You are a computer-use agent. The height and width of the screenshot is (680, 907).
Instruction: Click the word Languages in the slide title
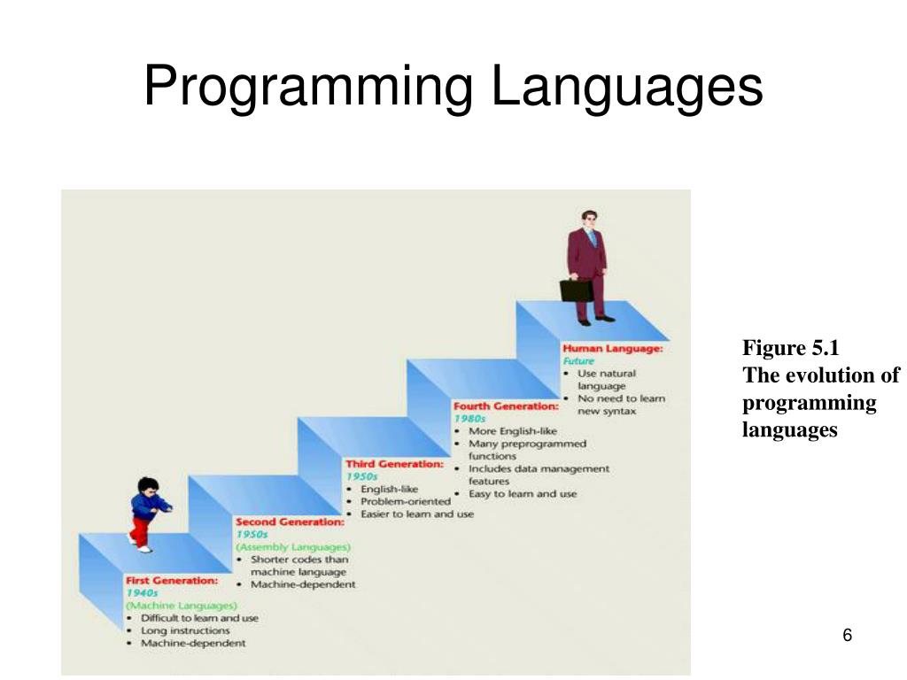click(627, 89)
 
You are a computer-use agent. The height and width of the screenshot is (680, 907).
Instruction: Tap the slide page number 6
click(848, 636)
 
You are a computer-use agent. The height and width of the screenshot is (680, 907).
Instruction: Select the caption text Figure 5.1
click(789, 347)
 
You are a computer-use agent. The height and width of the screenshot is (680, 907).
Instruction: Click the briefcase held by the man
click(576, 290)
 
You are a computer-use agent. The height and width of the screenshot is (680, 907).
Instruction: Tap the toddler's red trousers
click(139, 529)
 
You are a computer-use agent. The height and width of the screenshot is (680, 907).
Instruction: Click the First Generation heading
click(172, 581)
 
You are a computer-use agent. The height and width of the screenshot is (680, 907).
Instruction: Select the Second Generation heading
click(289, 522)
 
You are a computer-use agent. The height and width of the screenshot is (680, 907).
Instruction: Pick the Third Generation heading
click(394, 464)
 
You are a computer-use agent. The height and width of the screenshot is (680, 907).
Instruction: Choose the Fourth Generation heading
click(506, 406)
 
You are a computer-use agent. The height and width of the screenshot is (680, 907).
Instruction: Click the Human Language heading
click(613, 349)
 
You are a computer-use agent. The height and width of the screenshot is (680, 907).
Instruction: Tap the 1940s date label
click(142, 593)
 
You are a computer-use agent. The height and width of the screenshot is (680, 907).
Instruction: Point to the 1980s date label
click(469, 419)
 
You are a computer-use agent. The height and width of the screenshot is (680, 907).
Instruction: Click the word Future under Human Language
click(579, 361)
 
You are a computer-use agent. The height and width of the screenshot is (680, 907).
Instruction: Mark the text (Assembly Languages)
click(292, 547)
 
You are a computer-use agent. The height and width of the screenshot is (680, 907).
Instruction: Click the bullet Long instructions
click(185, 630)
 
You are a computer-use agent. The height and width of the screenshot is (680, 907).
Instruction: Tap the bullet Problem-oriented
click(406, 501)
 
